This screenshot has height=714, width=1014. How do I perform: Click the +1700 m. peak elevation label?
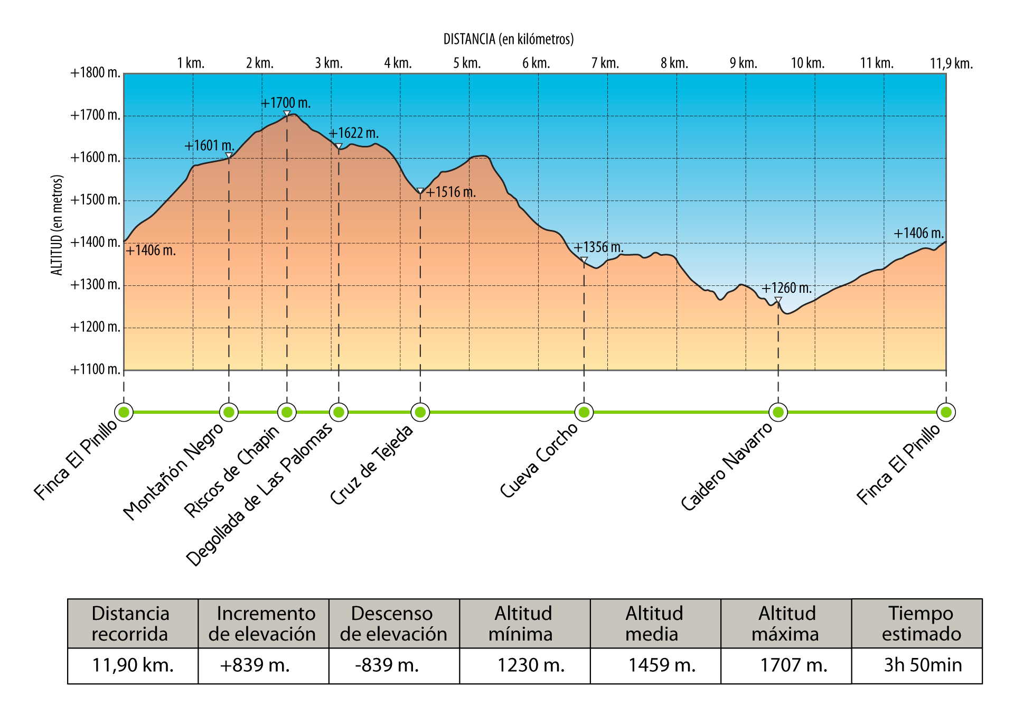[286, 103]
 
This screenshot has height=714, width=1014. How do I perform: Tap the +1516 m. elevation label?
[451, 192]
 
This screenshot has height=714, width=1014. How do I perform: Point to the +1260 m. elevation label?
[786, 289]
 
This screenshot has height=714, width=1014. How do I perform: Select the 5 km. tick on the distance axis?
[467, 63]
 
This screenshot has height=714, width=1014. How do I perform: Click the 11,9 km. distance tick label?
[951, 64]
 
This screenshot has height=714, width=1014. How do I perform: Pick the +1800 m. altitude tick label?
[96, 73]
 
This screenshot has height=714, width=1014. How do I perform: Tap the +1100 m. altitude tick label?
[96, 369]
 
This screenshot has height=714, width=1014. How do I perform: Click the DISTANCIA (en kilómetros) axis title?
[508, 39]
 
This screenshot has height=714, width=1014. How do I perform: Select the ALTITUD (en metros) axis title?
[57, 225]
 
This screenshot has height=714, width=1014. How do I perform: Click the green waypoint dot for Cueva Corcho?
[584, 412]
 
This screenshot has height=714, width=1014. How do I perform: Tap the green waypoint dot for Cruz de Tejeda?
[420, 412]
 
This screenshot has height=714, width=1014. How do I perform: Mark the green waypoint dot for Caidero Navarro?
[778, 412]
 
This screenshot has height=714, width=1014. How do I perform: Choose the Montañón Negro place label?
[173, 472]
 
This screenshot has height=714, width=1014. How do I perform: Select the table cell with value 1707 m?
[793, 665]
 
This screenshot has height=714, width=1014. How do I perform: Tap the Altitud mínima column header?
[523, 624]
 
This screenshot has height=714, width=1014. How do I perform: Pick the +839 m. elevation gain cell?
[255, 665]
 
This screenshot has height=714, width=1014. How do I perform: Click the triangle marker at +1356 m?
[584, 260]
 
